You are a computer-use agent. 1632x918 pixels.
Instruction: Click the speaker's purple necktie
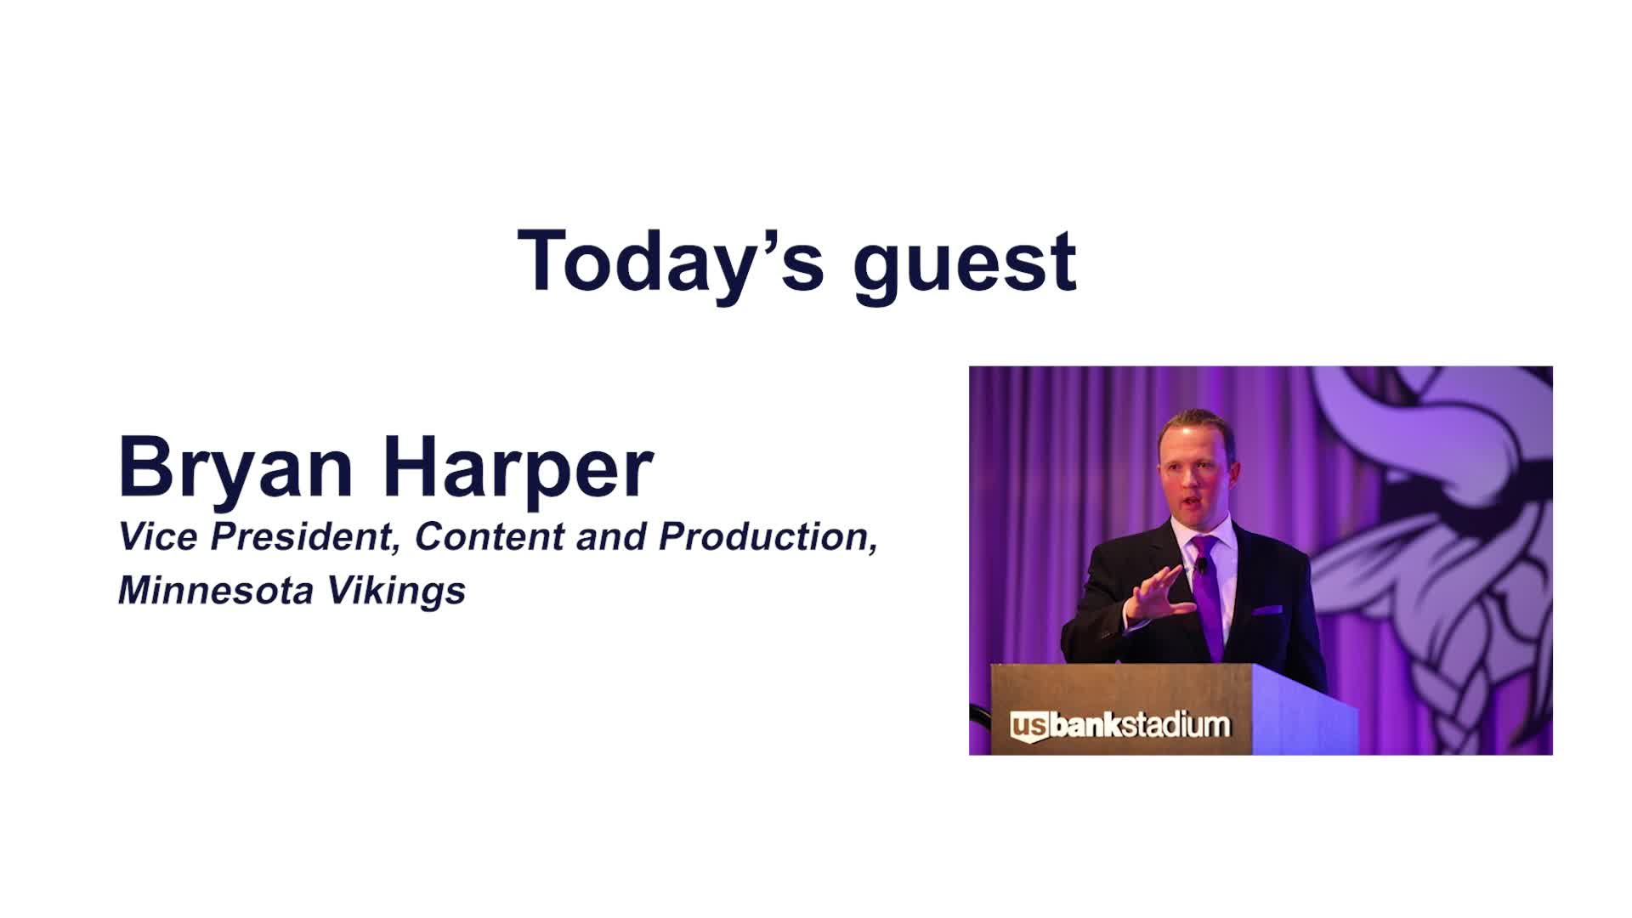point(1209,595)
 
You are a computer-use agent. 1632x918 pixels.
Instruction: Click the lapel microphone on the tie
point(1202,564)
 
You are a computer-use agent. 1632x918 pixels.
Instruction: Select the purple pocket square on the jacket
point(1266,609)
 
